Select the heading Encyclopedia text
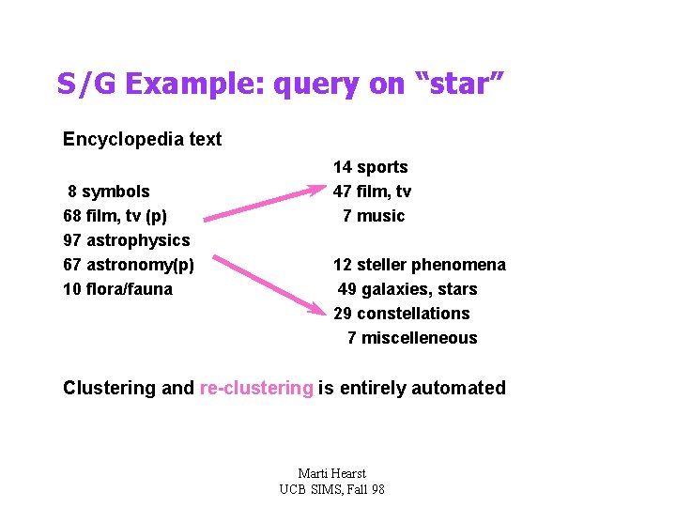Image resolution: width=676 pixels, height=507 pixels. pos(142,140)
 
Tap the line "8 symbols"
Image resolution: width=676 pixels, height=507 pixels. pos(108,192)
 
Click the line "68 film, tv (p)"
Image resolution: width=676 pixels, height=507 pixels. pos(115,216)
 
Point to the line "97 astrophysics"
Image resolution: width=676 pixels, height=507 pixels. pos(126,240)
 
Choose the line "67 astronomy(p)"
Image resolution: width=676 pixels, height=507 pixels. pos(128,265)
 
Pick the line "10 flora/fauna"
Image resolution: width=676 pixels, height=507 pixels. pos(117,289)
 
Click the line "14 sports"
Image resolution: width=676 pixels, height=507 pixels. pos(370,167)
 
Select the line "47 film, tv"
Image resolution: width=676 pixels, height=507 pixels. pos(372,192)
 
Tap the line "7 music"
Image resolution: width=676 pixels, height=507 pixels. pos(374,216)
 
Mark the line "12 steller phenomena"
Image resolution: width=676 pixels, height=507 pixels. pos(419,265)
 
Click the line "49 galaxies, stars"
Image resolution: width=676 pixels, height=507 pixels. pos(407,289)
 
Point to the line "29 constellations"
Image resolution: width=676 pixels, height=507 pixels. pos(401,314)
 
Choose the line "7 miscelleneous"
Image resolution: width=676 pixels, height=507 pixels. pos(412,338)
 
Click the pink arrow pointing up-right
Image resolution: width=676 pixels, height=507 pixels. pos(263,204)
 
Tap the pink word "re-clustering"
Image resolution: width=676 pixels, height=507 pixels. pos(256,389)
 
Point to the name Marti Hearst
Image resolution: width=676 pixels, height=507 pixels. pos(331,473)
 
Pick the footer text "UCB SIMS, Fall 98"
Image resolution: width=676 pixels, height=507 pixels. pos(331,489)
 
